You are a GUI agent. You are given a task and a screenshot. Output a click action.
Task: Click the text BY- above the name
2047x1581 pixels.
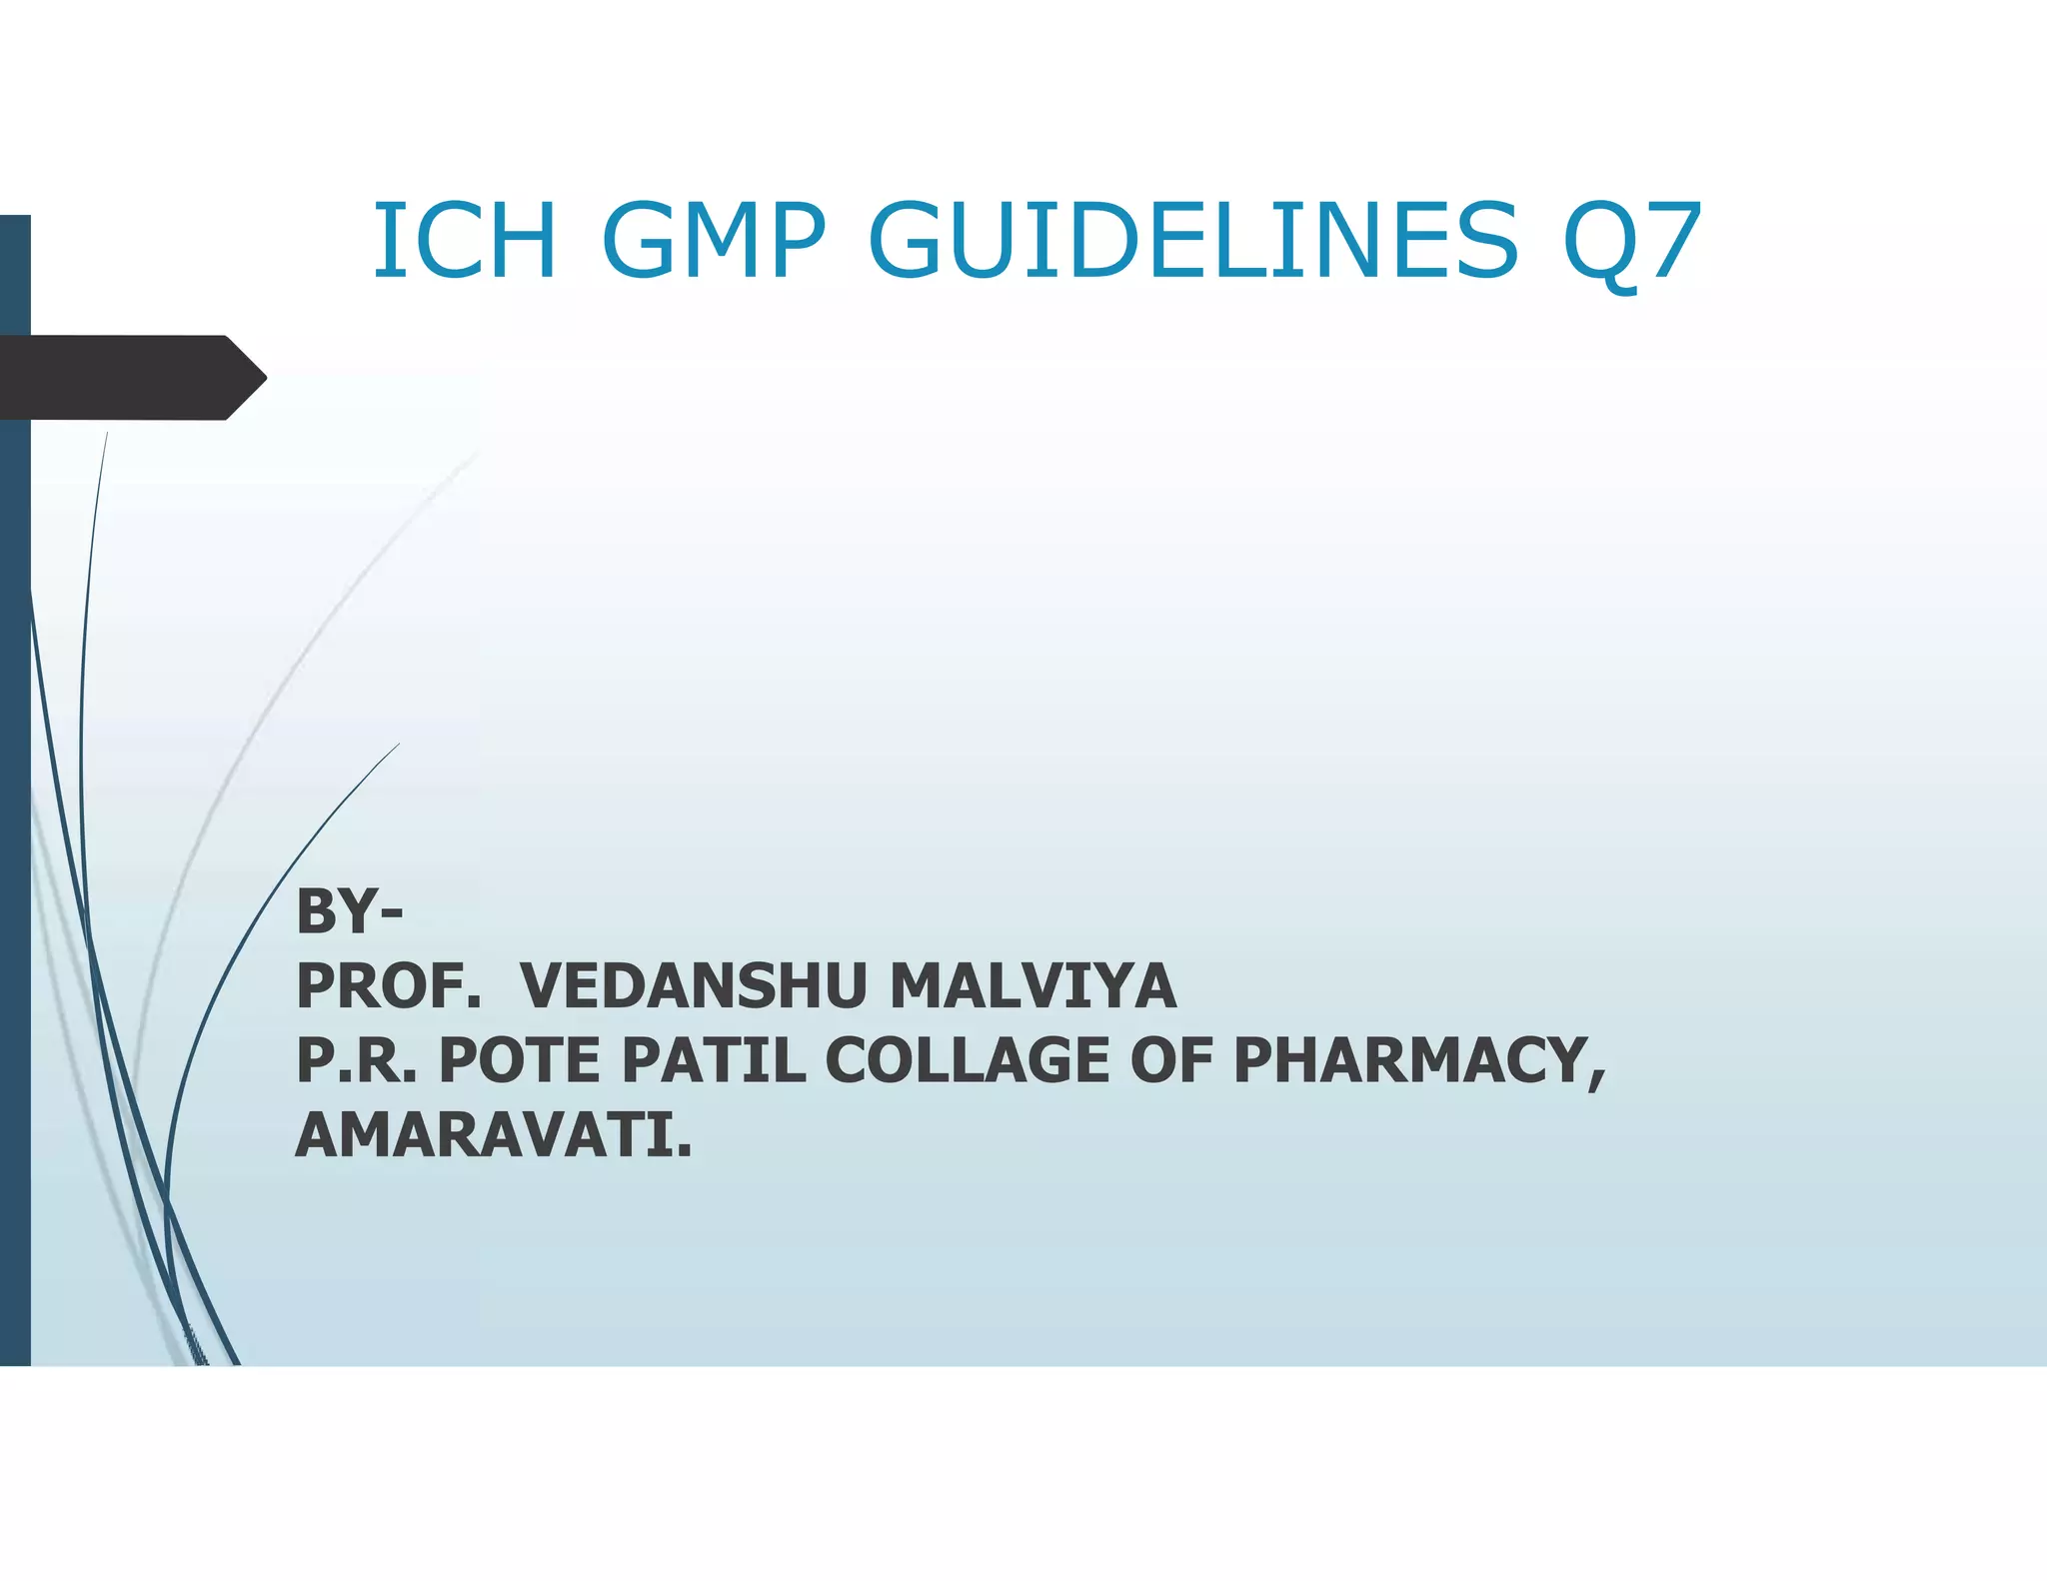coord(349,911)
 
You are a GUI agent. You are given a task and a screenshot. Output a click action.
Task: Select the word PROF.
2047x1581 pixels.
coord(388,986)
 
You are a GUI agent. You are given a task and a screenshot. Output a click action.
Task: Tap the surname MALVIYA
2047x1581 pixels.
coord(1032,986)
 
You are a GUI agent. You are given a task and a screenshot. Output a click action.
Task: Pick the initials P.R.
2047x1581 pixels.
coord(356,1060)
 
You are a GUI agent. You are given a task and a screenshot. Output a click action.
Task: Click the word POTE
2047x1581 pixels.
coord(519,1060)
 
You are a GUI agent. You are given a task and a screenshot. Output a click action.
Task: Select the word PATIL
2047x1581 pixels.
coord(714,1060)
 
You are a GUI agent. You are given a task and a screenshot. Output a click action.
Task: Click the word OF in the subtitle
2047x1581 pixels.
coord(1170,1060)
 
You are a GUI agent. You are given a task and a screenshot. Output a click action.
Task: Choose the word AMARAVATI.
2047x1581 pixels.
coord(493,1135)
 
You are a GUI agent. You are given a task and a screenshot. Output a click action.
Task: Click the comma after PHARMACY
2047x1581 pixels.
coord(1596,1077)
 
